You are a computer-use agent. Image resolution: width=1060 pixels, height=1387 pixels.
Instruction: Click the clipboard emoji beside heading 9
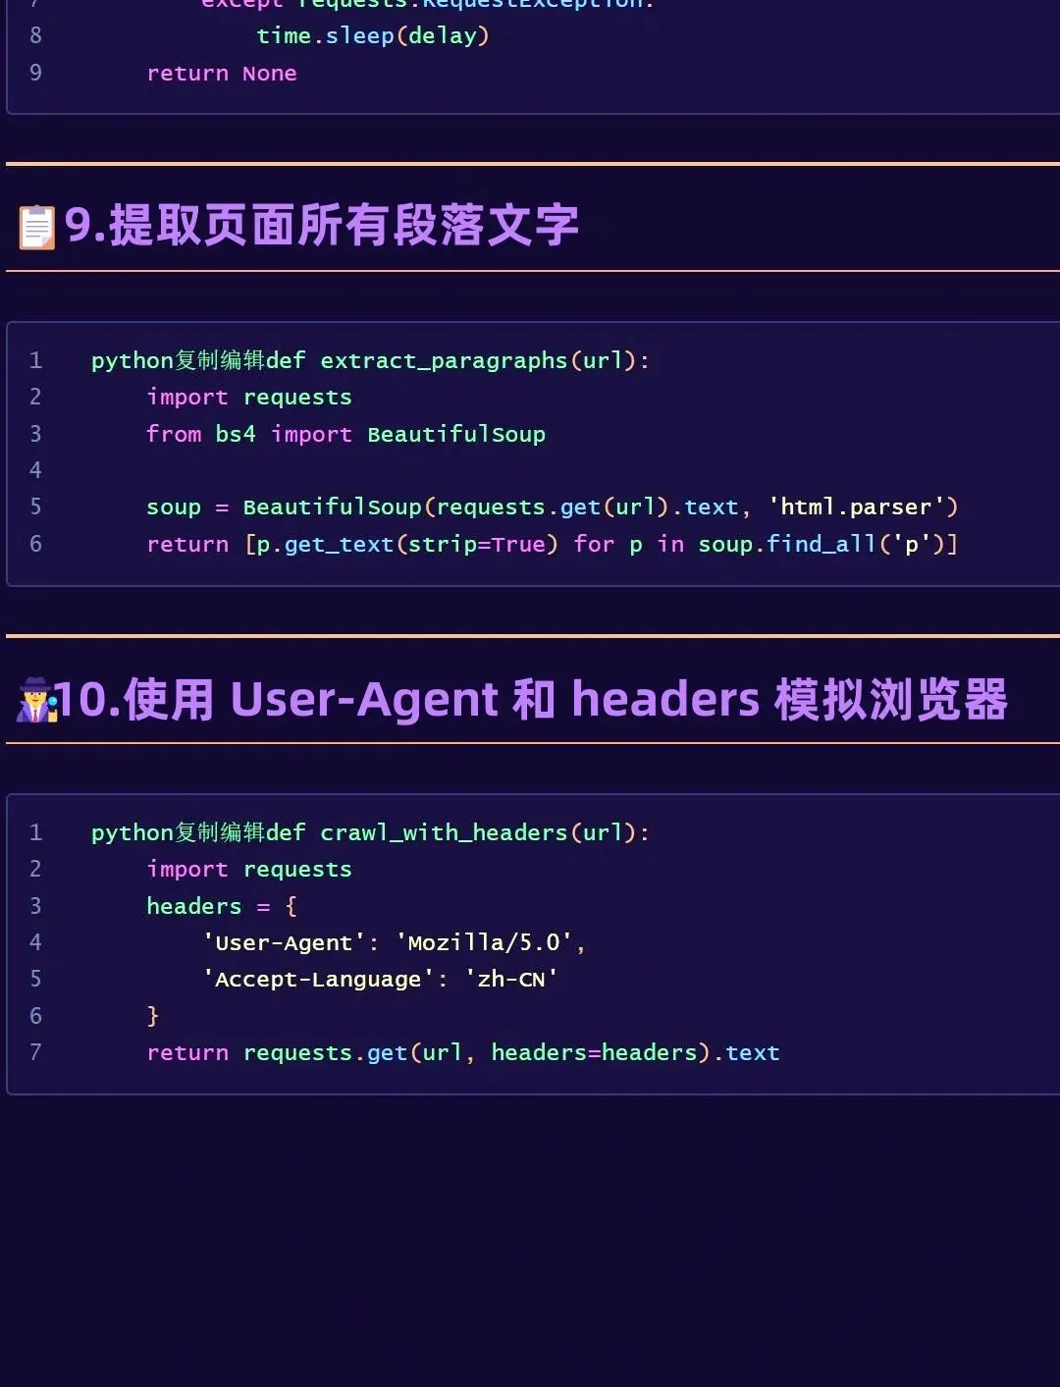coord(37,228)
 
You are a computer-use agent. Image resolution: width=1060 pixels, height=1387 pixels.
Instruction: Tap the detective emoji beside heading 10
coord(37,700)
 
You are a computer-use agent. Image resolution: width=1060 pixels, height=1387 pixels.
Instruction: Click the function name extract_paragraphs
coord(444,361)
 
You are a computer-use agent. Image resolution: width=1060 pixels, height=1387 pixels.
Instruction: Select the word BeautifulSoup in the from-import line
coord(456,434)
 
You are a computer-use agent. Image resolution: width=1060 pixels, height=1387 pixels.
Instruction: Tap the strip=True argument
coord(477,544)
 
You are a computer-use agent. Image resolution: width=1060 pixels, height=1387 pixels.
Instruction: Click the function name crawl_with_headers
coord(444,833)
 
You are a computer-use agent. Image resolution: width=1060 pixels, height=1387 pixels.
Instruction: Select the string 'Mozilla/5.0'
coord(484,943)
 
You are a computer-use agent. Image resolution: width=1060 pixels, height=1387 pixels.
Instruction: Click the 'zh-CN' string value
coord(511,980)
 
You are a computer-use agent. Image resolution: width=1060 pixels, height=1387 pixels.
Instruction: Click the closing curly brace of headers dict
coord(153,1016)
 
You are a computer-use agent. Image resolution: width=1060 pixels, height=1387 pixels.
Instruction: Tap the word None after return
coord(269,74)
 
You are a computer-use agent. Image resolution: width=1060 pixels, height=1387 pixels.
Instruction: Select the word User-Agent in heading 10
coord(364,700)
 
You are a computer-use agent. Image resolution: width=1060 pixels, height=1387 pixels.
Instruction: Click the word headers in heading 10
coord(665,700)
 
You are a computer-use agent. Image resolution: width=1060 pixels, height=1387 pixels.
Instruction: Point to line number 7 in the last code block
coord(35,1052)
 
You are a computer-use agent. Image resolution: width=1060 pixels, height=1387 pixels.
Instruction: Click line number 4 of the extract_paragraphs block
coord(35,470)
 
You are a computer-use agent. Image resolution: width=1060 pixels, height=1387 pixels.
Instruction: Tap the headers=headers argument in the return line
coord(594,1053)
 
